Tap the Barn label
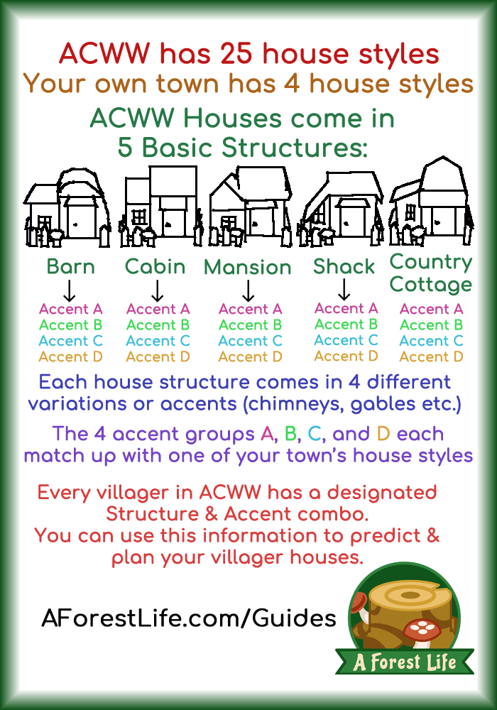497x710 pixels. pyautogui.click(x=70, y=267)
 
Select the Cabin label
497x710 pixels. pyautogui.click(x=155, y=267)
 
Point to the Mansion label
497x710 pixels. pyautogui.click(x=248, y=267)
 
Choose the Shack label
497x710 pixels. pyautogui.click(x=344, y=267)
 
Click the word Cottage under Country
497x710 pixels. pyautogui.click(x=431, y=285)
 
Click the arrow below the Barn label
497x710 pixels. pyautogui.click(x=70, y=290)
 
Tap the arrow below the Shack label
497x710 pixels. pyautogui.click(x=344, y=290)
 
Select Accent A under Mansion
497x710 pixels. pyautogui.click(x=251, y=310)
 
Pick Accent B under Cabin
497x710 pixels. pyautogui.click(x=158, y=325)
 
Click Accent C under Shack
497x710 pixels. pyautogui.click(x=346, y=340)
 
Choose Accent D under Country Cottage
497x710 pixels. pyautogui.click(x=432, y=357)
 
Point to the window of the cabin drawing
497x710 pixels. pyautogui.click(x=138, y=217)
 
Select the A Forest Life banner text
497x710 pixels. pyautogui.click(x=404, y=662)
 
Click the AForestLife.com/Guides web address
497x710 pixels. pyautogui.click(x=189, y=618)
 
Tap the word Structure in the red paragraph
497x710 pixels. pyautogui.click(x=152, y=514)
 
